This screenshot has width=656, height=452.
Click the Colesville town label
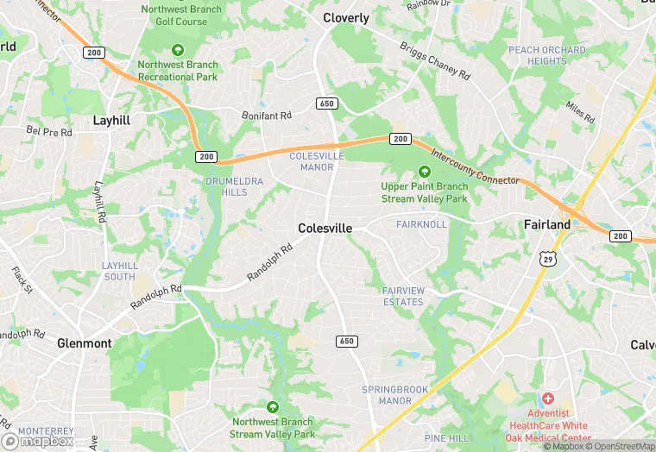tap(325, 229)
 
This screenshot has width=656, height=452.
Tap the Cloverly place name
tap(345, 18)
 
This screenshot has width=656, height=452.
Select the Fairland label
tap(547, 224)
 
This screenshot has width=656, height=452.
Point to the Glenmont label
tap(85, 343)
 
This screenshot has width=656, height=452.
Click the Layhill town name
tap(111, 121)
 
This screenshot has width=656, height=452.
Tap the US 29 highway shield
tap(546, 258)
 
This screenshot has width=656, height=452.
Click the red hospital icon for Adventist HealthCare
tap(546, 399)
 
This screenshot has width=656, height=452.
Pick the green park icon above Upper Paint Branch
tap(424, 172)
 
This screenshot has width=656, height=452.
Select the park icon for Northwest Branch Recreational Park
tap(178, 49)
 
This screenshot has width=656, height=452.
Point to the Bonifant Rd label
tap(267, 115)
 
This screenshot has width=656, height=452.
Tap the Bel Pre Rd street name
tap(49, 132)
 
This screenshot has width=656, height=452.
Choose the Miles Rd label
tap(580, 111)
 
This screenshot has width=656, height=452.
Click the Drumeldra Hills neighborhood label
tap(227, 186)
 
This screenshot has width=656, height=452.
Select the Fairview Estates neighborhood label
tap(403, 297)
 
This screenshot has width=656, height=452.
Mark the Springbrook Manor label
tap(394, 395)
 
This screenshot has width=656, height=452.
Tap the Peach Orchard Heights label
tap(546, 55)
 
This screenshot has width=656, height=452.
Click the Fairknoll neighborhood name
tap(421, 224)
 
